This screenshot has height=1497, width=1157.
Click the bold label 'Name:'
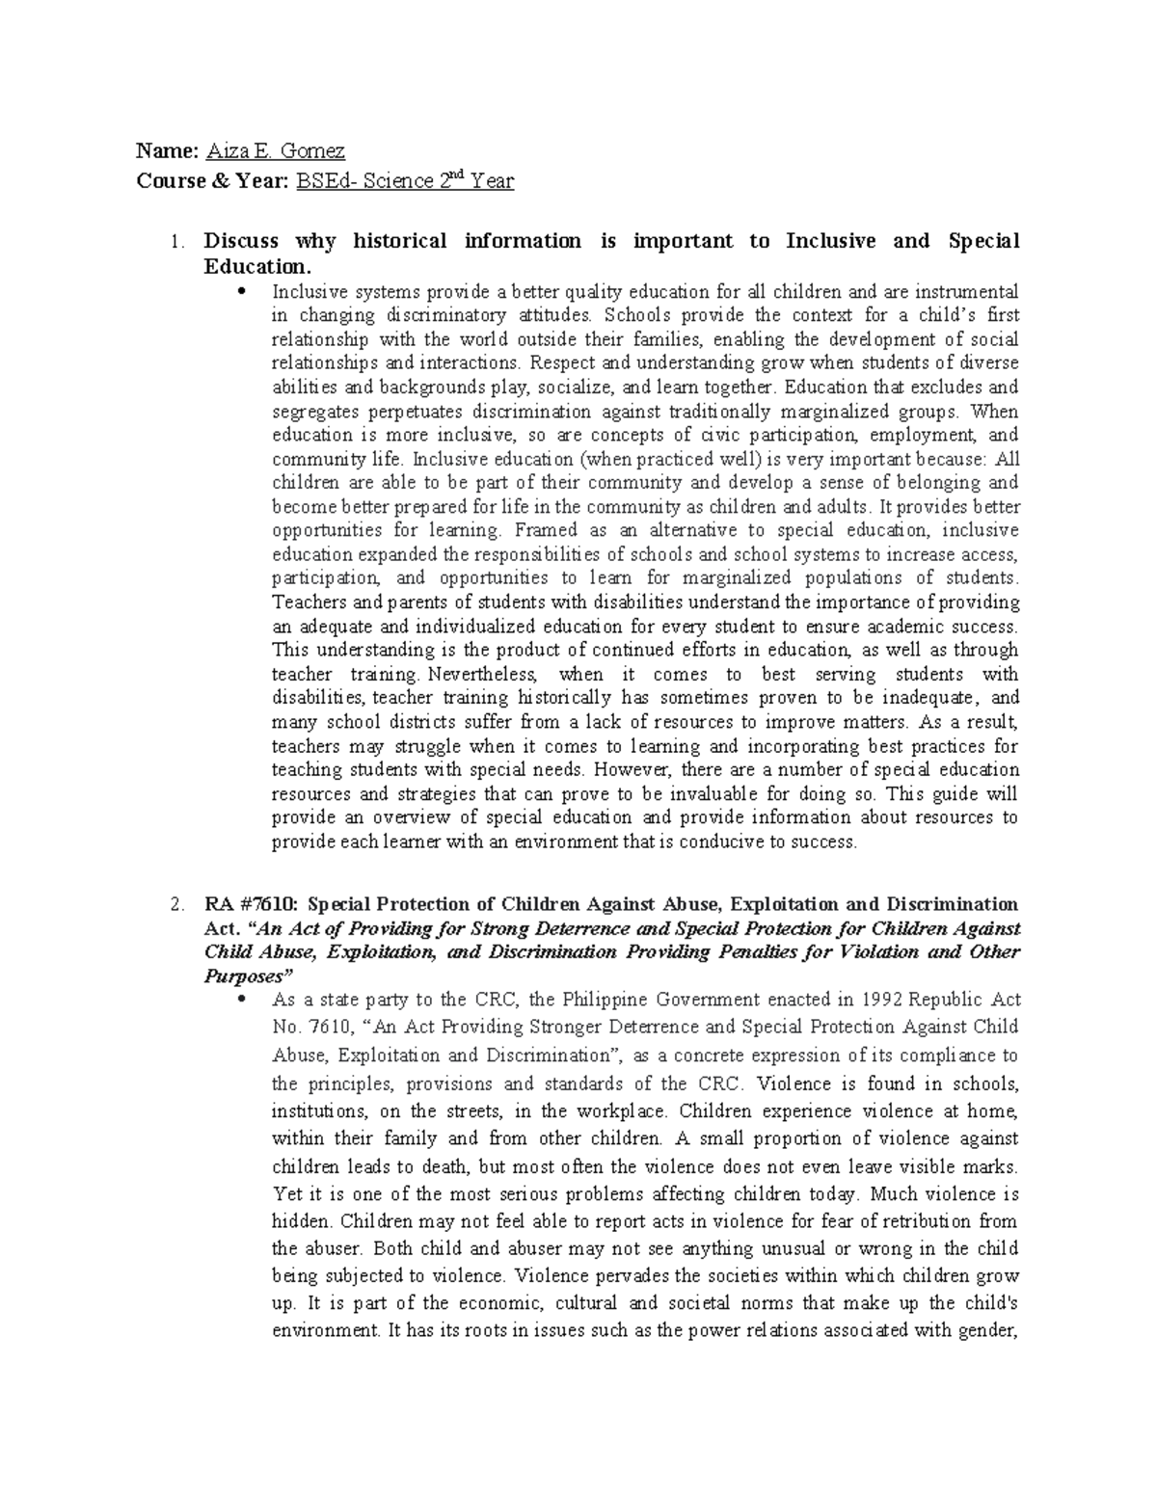pos(168,151)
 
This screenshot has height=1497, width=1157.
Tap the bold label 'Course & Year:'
pos(200,180)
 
